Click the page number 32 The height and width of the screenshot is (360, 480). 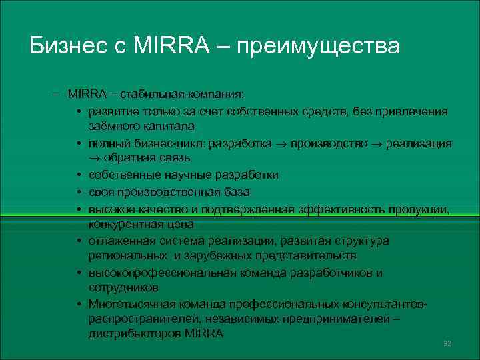447,343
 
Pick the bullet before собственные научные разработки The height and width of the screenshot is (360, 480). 79,175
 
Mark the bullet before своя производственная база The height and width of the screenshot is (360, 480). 79,192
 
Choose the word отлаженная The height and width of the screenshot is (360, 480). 119,241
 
